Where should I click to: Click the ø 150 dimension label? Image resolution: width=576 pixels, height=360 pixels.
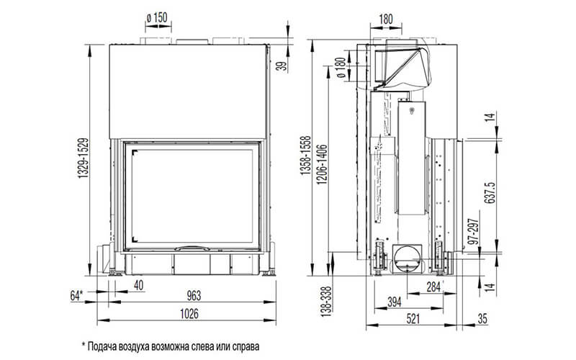click(157, 17)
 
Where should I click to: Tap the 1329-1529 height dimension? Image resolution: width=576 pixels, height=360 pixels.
click(83, 158)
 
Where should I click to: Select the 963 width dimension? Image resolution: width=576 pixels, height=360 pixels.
click(194, 295)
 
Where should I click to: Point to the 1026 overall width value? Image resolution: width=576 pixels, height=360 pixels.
click(189, 314)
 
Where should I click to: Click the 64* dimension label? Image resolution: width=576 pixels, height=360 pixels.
click(76, 295)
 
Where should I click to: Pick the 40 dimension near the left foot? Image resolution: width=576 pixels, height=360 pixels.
click(138, 285)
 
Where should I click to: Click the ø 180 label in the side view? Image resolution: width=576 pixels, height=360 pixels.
click(341, 68)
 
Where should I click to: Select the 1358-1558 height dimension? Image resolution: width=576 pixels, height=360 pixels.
click(305, 155)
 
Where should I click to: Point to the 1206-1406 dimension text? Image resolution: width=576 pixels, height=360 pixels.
click(322, 164)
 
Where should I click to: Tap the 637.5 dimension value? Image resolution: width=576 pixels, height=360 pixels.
click(490, 193)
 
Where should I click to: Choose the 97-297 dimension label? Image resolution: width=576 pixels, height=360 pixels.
click(474, 232)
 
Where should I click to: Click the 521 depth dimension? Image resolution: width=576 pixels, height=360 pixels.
click(413, 318)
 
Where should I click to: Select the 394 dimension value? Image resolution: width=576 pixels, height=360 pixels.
click(395, 302)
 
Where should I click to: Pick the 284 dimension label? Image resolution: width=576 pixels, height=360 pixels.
click(433, 287)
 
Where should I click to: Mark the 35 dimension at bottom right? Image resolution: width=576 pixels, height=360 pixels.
click(482, 318)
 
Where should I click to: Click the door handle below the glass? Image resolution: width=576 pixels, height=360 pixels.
click(192, 248)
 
